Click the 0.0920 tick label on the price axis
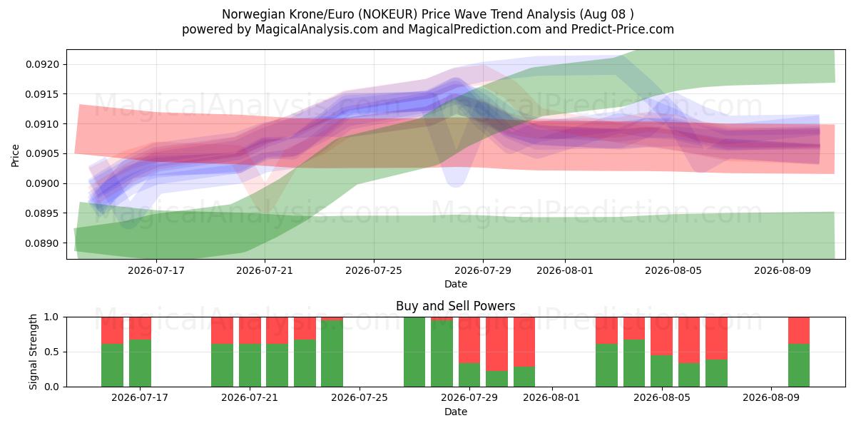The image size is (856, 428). pyautogui.click(x=42, y=64)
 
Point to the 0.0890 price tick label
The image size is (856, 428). pyautogui.click(x=42, y=243)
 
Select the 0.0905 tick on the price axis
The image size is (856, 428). pyautogui.click(x=42, y=153)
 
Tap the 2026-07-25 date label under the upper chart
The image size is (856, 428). pyautogui.click(x=373, y=270)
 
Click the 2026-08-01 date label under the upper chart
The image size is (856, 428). pyautogui.click(x=565, y=270)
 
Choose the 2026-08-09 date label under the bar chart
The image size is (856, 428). pyautogui.click(x=771, y=397)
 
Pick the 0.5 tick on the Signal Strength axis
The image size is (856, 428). pyautogui.click(x=52, y=352)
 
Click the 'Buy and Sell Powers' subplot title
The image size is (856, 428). pyautogui.click(x=456, y=306)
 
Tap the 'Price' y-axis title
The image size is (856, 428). pyautogui.click(x=15, y=156)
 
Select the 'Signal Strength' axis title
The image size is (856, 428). pyautogui.click(x=33, y=352)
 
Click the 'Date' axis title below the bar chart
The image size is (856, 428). pyautogui.click(x=456, y=412)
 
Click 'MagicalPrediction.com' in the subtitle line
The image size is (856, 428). pyautogui.click(x=474, y=29)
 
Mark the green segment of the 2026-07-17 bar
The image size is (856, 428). pyautogui.click(x=140, y=363)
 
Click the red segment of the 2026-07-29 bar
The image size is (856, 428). pyautogui.click(x=469, y=340)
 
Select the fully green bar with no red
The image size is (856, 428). pyautogui.click(x=414, y=352)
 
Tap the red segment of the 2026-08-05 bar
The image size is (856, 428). pyautogui.click(x=661, y=336)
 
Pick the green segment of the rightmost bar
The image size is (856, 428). pyautogui.click(x=799, y=365)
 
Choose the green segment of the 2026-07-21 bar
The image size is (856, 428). pyautogui.click(x=250, y=365)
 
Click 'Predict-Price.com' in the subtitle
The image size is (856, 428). pyautogui.click(x=623, y=29)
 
